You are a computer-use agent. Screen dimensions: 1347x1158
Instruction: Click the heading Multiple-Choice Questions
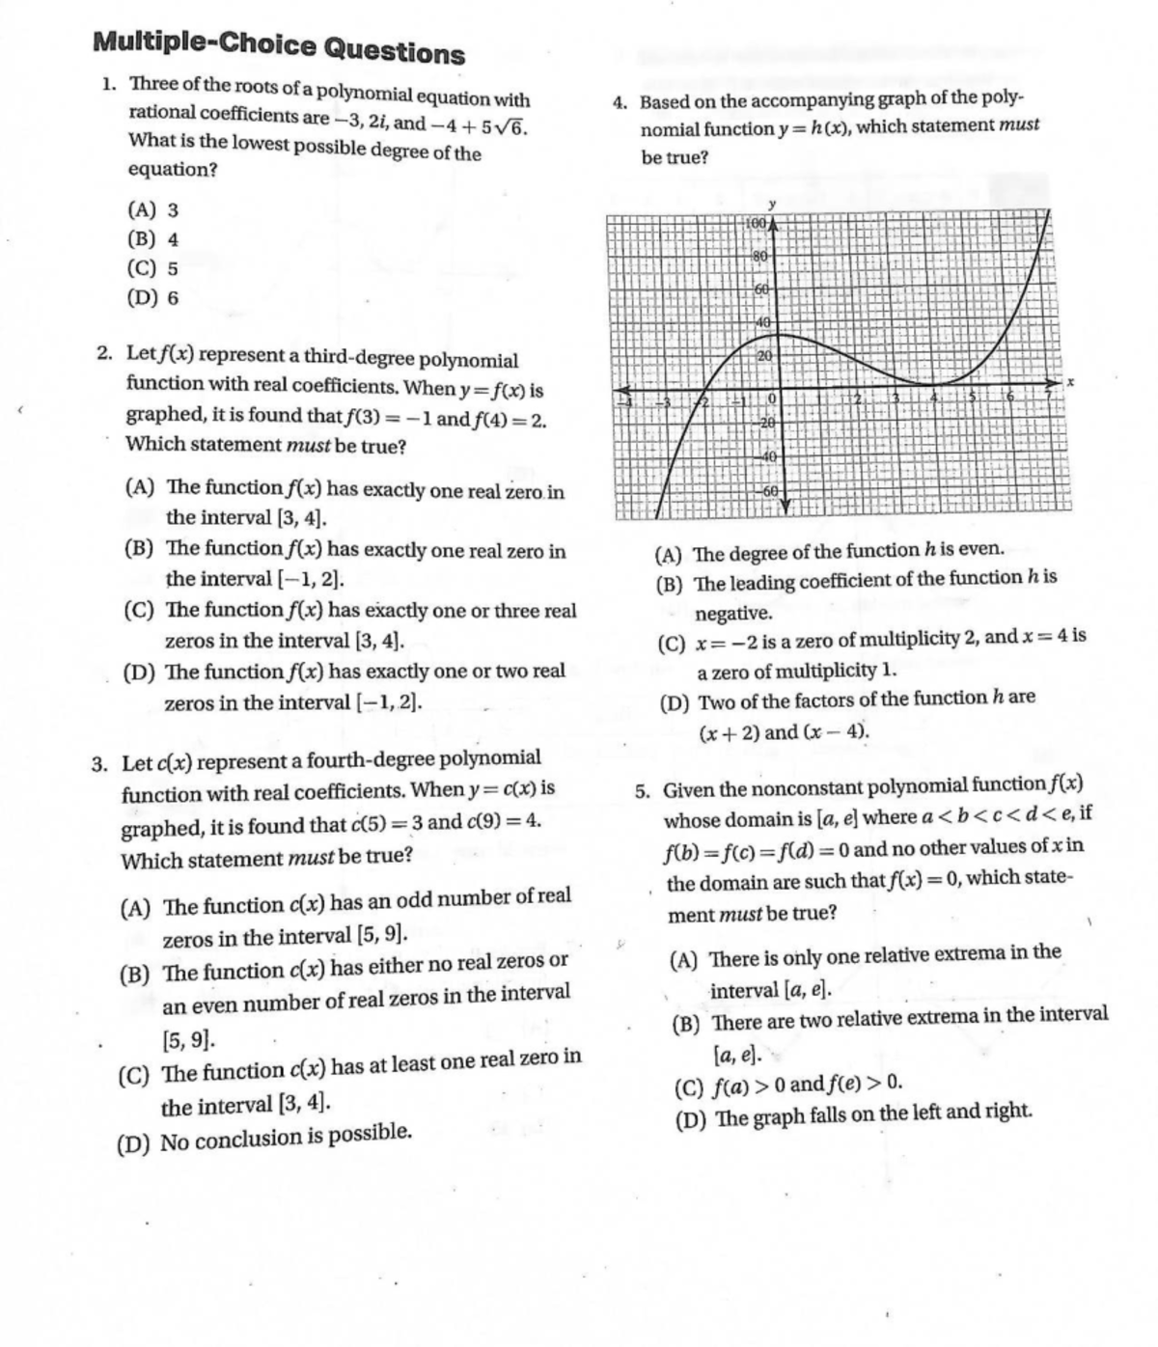tap(279, 45)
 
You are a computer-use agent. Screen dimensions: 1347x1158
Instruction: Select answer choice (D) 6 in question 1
tap(152, 297)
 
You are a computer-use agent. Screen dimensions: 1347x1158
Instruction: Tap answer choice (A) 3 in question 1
tap(152, 209)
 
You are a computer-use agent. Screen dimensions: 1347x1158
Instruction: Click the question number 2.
tap(105, 353)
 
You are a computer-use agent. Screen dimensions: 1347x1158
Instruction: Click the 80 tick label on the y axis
tap(759, 256)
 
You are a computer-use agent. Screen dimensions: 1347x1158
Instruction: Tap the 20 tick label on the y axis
tap(761, 356)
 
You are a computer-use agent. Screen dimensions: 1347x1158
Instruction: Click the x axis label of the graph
tap(1070, 383)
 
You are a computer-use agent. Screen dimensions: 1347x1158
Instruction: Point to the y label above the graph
tap(771, 204)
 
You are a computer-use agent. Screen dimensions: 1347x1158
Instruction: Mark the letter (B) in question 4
tap(670, 584)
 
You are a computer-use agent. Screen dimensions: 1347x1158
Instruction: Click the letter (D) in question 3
tap(133, 1145)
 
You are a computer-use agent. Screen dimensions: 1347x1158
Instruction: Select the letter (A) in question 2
tap(141, 487)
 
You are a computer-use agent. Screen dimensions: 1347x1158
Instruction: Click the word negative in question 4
tap(733, 613)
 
